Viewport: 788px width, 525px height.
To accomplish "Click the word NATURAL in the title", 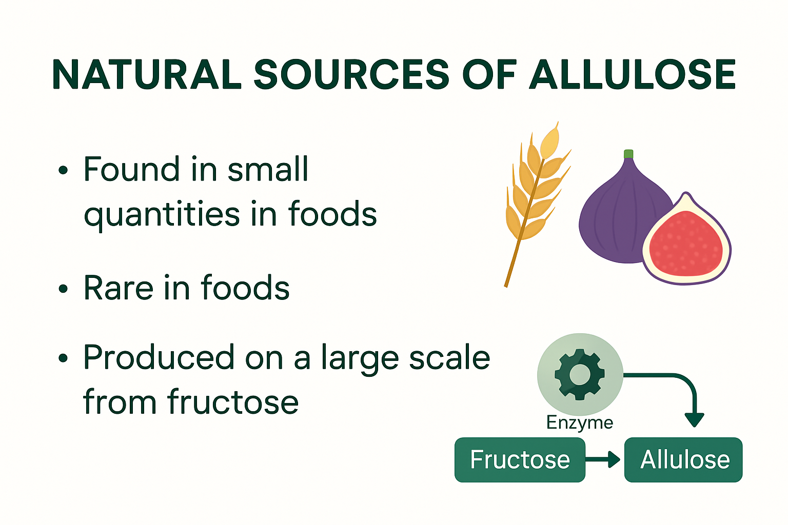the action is click(x=147, y=74).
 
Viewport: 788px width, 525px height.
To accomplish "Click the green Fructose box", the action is click(x=520, y=459).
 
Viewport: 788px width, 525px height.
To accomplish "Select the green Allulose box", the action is click(x=683, y=459).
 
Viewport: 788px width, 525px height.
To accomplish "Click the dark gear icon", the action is click(x=580, y=374).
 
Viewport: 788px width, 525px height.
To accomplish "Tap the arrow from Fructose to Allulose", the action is click(x=603, y=459).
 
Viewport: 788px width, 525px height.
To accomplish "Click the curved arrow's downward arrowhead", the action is click(x=695, y=419).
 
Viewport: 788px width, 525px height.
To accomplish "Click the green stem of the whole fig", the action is click(x=628, y=154).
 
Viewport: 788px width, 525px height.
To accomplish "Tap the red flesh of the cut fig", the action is click(x=685, y=244).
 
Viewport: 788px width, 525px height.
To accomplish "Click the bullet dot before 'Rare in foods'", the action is click(x=63, y=289).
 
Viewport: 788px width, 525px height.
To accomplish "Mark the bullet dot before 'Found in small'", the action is click(x=63, y=170).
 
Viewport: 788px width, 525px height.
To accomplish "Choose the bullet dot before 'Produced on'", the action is click(x=63, y=358).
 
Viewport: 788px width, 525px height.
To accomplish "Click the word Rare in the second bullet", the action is click(x=118, y=288).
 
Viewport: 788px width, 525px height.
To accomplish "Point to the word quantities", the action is click(x=162, y=214).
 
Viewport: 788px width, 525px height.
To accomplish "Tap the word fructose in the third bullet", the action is click(x=232, y=401).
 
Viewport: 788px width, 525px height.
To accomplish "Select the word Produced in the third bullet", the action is click(x=159, y=357).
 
